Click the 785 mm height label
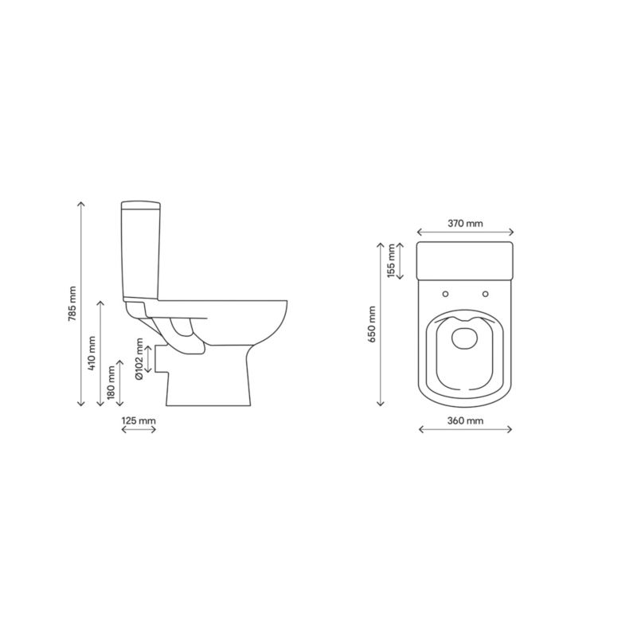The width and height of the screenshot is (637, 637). click(x=72, y=304)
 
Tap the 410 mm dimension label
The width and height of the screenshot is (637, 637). click(x=92, y=354)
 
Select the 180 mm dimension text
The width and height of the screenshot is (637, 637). click(x=111, y=383)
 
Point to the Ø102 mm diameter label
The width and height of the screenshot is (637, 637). click(x=139, y=359)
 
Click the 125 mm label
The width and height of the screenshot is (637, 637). click(x=139, y=420)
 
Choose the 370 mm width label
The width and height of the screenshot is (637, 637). click(x=466, y=223)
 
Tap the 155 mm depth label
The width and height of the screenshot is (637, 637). click(x=391, y=261)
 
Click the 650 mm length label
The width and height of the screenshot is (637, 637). click(x=372, y=324)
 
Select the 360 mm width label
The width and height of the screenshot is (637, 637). click(x=466, y=420)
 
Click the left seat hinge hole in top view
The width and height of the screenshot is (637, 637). click(x=446, y=294)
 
